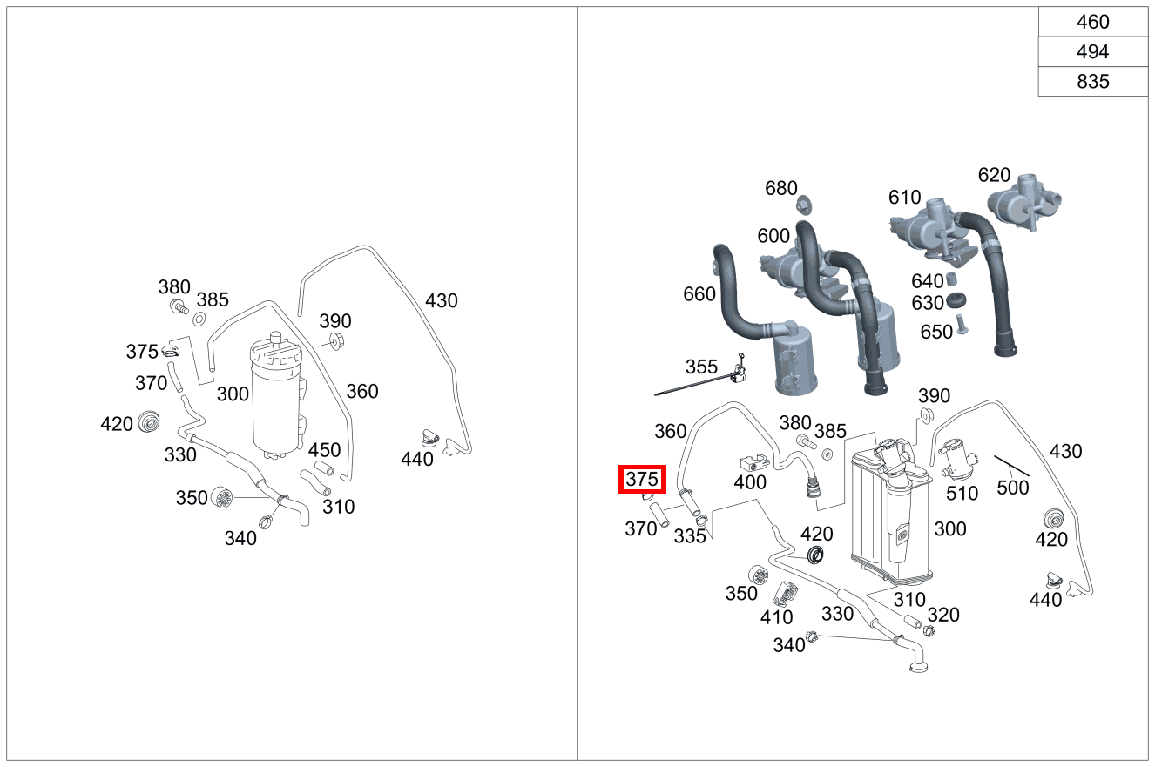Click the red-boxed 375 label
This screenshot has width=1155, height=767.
642,479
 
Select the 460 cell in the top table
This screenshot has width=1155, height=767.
1092,22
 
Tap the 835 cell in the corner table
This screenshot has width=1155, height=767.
1092,81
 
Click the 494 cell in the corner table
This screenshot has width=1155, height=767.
1092,51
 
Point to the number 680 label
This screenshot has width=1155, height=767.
780,188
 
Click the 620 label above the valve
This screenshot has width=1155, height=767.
994,175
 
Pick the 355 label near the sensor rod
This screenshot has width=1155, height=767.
701,367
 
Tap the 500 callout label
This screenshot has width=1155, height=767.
1012,488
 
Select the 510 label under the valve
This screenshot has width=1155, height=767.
962,494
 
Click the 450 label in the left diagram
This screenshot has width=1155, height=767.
324,450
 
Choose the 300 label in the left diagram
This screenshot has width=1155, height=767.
233,394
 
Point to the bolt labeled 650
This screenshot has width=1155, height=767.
962,326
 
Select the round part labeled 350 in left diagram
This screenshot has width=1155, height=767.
224,498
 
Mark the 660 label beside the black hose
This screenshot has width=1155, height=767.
699,294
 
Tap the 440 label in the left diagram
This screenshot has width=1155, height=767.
416,459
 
